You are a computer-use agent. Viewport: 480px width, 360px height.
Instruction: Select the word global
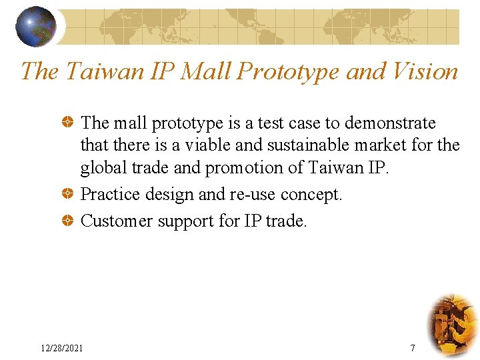[x=101, y=168]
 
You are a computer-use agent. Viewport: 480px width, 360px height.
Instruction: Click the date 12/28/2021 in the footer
[x=62, y=347]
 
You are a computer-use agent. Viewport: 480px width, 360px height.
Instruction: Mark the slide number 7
[x=413, y=347]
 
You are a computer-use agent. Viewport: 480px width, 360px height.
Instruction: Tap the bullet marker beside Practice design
[x=67, y=195]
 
